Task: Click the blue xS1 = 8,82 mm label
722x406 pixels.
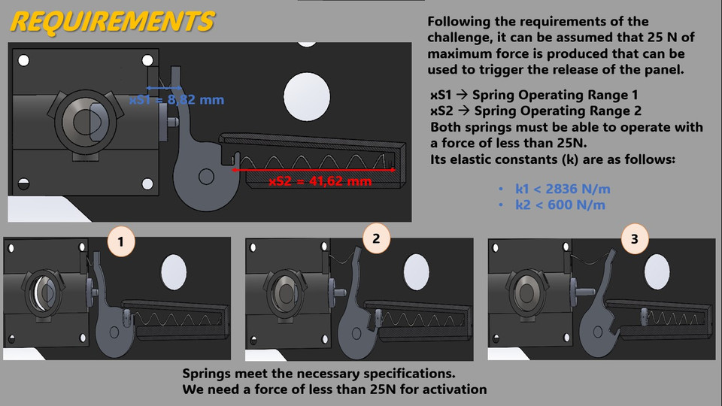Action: coord(177,99)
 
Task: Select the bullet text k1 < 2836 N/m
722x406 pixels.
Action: coord(560,189)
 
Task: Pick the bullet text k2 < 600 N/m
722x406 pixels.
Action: coord(560,205)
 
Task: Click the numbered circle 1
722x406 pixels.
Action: coord(122,242)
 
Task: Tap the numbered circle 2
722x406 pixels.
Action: coord(376,238)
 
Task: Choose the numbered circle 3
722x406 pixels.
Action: coord(635,240)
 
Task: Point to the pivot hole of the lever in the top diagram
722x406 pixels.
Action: coord(206,177)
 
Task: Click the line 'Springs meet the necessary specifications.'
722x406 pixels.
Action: coord(320,374)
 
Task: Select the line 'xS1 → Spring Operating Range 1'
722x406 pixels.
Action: coord(534,95)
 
